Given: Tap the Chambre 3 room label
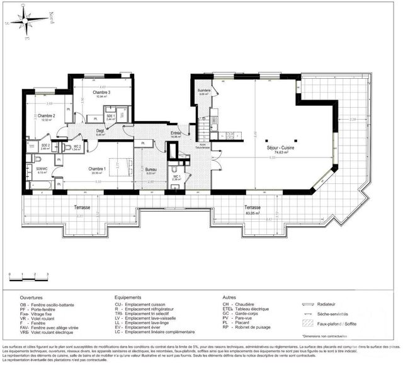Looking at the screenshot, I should (x=101, y=93).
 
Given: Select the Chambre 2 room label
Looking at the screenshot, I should (x=45, y=116).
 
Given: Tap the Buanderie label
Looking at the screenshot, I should (x=203, y=90).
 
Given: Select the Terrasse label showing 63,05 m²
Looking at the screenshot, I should (x=253, y=207).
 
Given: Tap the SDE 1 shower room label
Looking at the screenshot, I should (x=110, y=116).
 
